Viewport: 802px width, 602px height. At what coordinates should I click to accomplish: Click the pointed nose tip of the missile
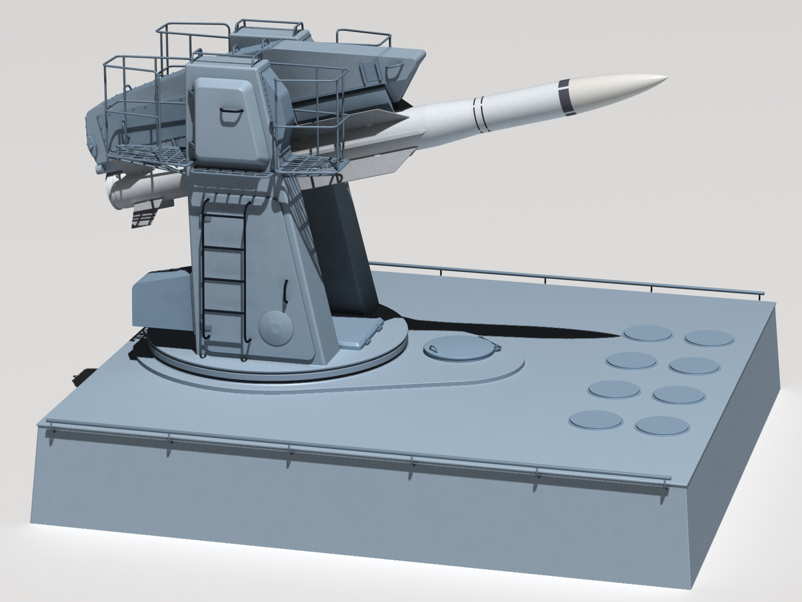tap(667, 77)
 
